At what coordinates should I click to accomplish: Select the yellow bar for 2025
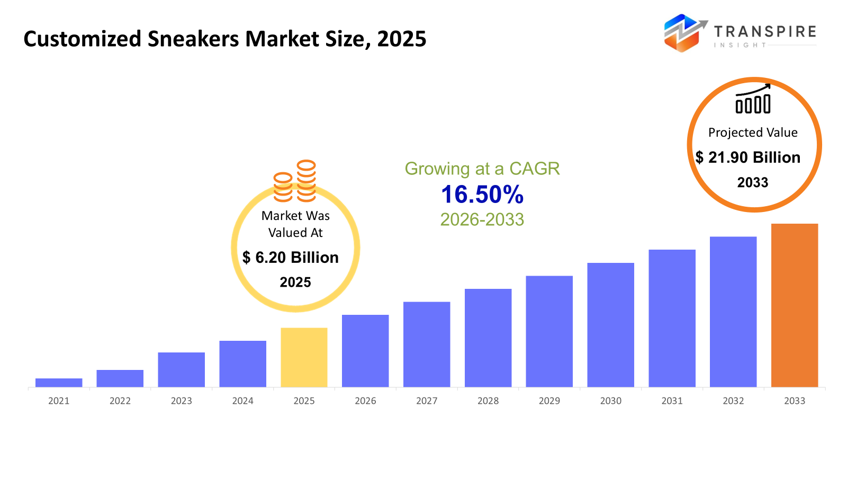304,357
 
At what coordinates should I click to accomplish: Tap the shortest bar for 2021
59,383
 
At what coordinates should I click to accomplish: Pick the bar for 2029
549,331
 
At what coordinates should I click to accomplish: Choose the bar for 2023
181,369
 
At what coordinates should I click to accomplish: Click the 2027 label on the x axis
427,401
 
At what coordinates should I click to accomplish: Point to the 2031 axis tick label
672,401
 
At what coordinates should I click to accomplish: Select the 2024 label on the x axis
242,401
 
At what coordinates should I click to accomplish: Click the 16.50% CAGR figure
482,195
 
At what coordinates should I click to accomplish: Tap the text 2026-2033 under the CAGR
482,219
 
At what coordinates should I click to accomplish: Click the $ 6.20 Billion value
291,258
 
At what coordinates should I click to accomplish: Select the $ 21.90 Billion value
747,157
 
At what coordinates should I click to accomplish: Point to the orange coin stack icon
295,181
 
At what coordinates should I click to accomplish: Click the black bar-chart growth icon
753,100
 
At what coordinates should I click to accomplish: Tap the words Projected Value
753,132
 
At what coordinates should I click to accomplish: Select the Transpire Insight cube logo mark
683,33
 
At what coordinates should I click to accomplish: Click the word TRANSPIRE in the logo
764,32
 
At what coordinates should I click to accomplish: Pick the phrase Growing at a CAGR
482,169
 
